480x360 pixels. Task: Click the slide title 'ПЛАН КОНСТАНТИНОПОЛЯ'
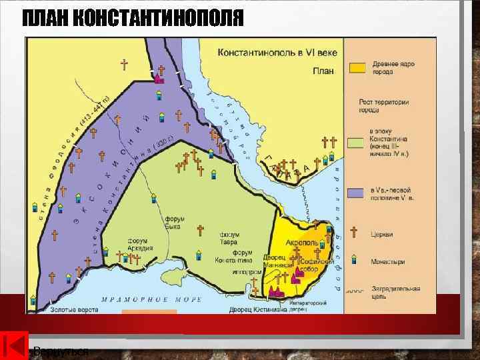pos(133,18)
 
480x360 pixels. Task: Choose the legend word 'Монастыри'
pos(389,262)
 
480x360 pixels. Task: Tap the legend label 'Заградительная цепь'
pos(396,293)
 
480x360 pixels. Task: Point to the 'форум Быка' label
pos(175,223)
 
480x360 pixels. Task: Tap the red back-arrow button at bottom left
pos(15,346)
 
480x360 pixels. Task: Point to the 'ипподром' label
pos(247,272)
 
